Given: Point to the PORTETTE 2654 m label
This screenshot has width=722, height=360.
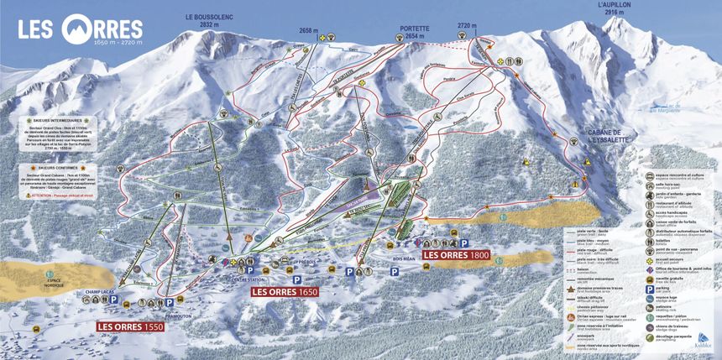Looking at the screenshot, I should click(414, 32).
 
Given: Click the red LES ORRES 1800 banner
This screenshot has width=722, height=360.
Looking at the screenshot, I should click(455, 254).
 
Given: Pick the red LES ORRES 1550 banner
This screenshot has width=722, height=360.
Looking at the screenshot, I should click(130, 326).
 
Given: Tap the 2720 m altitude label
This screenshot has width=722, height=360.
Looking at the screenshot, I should click(468, 26).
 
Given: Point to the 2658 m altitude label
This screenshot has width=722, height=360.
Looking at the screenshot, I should click(309, 30).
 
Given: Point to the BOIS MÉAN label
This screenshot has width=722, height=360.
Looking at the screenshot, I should click(405, 261).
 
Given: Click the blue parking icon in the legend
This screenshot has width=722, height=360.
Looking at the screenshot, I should click(650, 289).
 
